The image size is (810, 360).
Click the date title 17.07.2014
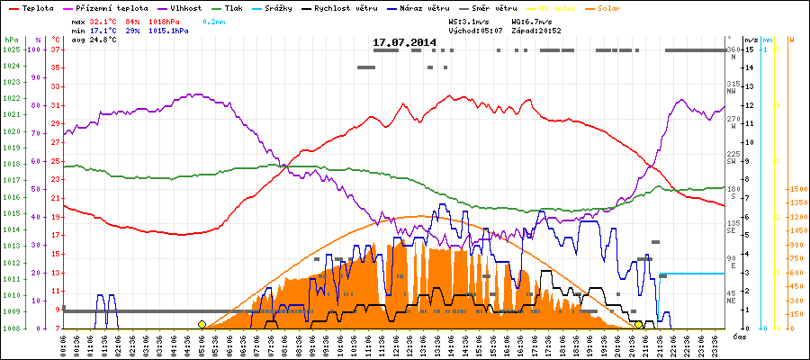pyautogui.click(x=404, y=42)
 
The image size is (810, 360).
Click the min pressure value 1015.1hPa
pyautogui.click(x=171, y=31)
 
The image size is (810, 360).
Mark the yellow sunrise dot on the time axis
pyautogui.click(x=202, y=324)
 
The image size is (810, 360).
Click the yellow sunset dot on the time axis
pyautogui.click(x=638, y=324)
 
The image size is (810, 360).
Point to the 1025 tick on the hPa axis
pyautogui.click(x=11, y=49)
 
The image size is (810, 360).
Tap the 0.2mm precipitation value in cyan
pyautogui.click(x=213, y=20)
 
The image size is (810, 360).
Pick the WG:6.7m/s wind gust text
pyautogui.click(x=529, y=20)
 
